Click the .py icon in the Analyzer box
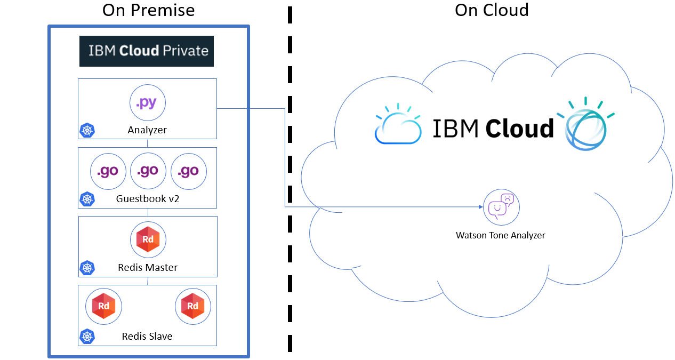(148, 103)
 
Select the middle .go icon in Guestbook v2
(148, 171)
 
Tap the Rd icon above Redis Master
(148, 239)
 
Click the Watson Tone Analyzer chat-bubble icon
(501, 207)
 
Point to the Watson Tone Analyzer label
(501, 235)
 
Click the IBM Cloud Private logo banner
(147, 51)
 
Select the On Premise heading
(149, 10)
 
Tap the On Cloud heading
(492, 10)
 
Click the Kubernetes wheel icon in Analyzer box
(87, 130)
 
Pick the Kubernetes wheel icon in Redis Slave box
(87, 336)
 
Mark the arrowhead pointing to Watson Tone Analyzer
(479, 207)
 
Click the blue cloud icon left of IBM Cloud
(397, 125)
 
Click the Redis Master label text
(148, 267)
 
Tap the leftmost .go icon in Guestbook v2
(108, 171)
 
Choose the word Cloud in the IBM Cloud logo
(520, 129)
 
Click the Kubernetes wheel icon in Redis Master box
(87, 268)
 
